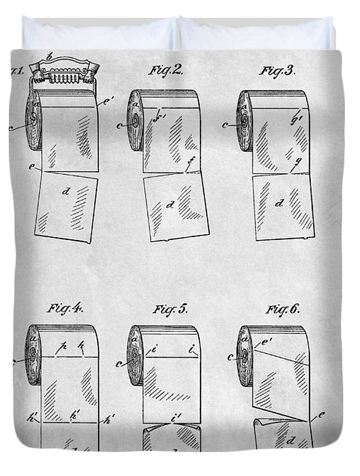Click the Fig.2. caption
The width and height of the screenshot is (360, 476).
tap(166, 70)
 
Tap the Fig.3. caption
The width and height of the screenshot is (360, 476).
tap(277, 70)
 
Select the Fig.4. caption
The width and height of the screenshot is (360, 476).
tap(65, 308)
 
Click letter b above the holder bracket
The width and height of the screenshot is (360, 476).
tap(51, 56)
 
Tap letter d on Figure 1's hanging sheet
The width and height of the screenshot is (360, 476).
tap(66, 191)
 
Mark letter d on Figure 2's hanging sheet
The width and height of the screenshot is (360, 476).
tap(170, 204)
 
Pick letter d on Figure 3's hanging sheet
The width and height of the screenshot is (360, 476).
tap(279, 204)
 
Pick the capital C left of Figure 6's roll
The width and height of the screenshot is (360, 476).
tap(231, 356)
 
